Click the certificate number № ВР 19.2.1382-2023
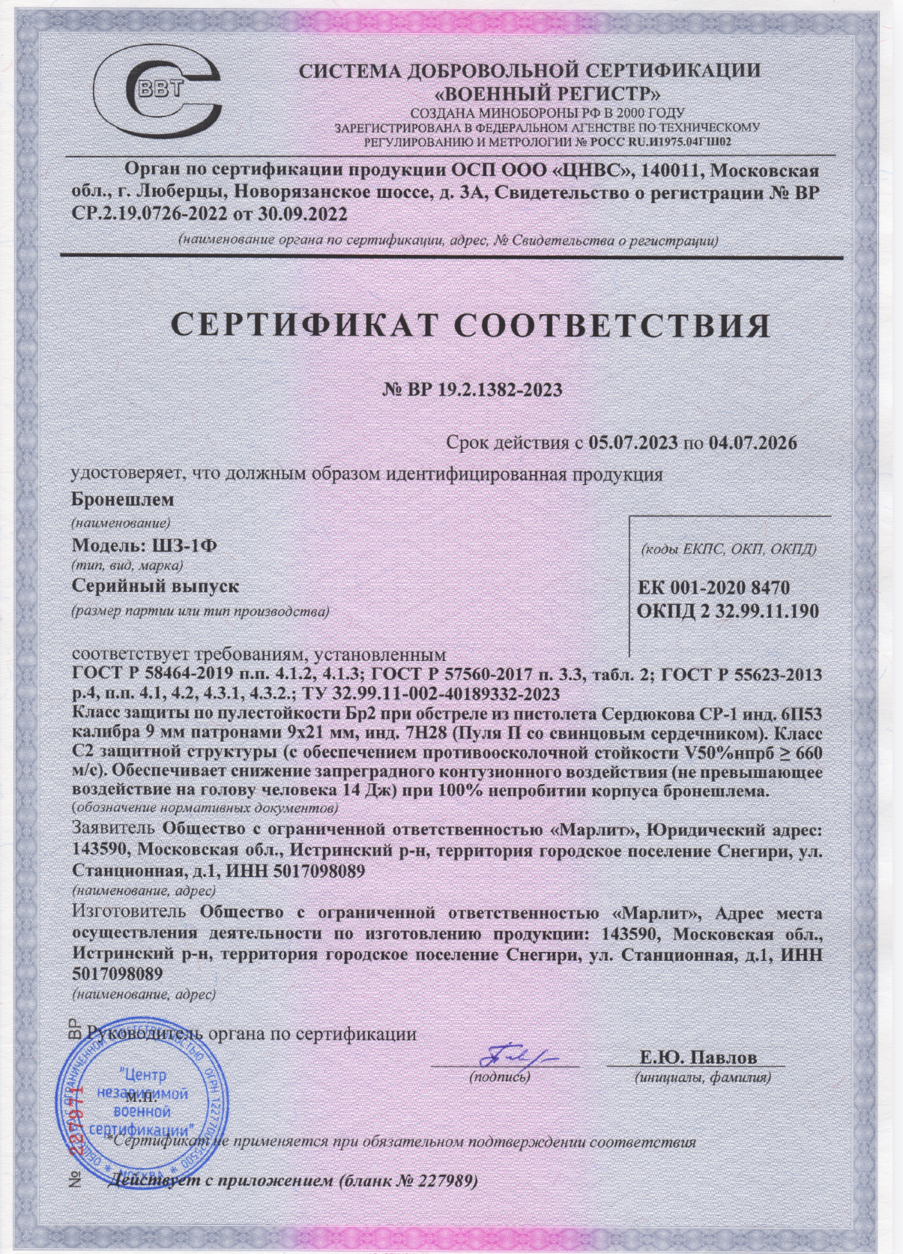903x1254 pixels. (472, 390)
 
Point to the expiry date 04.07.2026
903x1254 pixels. (752, 442)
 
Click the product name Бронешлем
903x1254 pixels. (122, 499)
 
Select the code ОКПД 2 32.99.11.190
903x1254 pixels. (727, 611)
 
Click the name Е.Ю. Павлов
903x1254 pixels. (698, 1058)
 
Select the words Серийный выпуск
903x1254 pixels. (155, 586)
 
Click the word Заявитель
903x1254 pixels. (113, 831)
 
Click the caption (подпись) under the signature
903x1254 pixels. (500, 1078)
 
